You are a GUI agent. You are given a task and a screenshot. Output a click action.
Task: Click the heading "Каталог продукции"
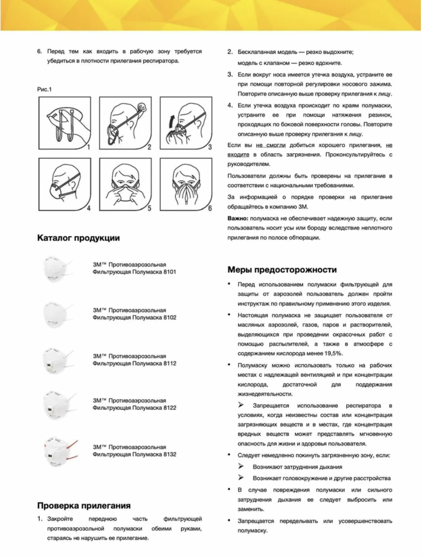tap(78, 238)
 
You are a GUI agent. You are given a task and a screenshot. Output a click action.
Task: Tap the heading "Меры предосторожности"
tap(282, 270)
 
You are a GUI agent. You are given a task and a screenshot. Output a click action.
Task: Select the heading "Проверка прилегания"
tap(84, 506)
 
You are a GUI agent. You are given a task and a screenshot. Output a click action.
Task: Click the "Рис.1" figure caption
tap(44, 90)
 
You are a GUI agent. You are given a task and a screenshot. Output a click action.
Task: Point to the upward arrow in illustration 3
tap(172, 120)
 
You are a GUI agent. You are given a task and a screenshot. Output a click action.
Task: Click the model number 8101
tap(170, 272)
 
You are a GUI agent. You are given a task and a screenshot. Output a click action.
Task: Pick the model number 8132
tap(170, 454)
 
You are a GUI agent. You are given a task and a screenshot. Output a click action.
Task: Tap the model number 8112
tap(170, 363)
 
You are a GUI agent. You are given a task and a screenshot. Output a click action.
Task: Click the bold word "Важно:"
tap(238, 219)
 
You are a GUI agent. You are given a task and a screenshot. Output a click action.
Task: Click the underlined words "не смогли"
tap(270, 145)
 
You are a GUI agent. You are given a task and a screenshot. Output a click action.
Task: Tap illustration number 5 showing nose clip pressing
tap(125, 184)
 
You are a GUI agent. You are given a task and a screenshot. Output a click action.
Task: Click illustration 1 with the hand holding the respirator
tap(65, 123)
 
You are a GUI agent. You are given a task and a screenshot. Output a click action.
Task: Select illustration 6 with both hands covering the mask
tap(186, 184)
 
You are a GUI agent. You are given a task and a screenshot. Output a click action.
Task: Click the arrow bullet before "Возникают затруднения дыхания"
tap(241, 466)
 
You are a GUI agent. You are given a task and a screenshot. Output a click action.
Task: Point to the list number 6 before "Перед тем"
tap(39, 51)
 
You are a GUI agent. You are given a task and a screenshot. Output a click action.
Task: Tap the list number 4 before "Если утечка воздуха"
tap(230, 105)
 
